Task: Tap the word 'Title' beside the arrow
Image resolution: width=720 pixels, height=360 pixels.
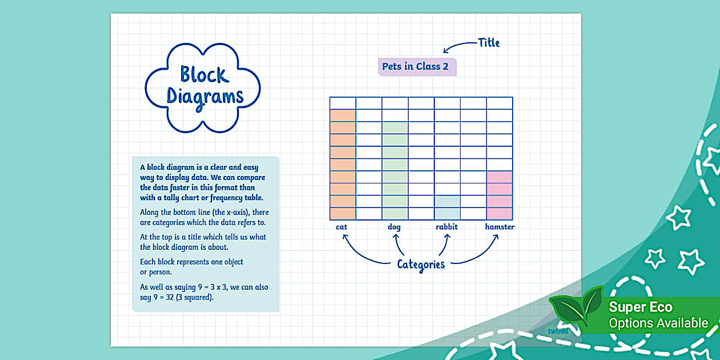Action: click(488, 42)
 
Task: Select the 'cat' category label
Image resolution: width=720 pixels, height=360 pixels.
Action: click(342, 227)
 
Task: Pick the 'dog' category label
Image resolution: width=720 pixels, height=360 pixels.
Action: click(394, 227)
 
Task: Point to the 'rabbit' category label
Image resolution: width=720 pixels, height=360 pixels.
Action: click(447, 227)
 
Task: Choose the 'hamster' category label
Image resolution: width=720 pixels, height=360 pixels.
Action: click(499, 227)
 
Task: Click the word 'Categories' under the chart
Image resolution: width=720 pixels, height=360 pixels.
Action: click(421, 264)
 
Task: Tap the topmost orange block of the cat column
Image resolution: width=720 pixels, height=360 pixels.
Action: click(343, 115)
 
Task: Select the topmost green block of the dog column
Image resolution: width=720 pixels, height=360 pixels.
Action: click(395, 127)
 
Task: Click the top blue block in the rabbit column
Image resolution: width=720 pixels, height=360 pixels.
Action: click(447, 201)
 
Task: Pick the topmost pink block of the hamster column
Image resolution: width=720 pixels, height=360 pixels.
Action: click(499, 177)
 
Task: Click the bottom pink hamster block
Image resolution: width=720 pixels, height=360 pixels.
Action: click(499, 214)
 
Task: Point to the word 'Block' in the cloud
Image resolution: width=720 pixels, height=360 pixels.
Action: click(204, 74)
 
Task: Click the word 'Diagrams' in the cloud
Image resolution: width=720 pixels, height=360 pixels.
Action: click(205, 97)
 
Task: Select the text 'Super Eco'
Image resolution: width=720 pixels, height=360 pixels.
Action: click(641, 307)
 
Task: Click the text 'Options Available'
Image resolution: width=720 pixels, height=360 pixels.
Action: click(658, 323)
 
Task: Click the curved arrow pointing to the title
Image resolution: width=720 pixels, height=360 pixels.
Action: click(460, 46)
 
